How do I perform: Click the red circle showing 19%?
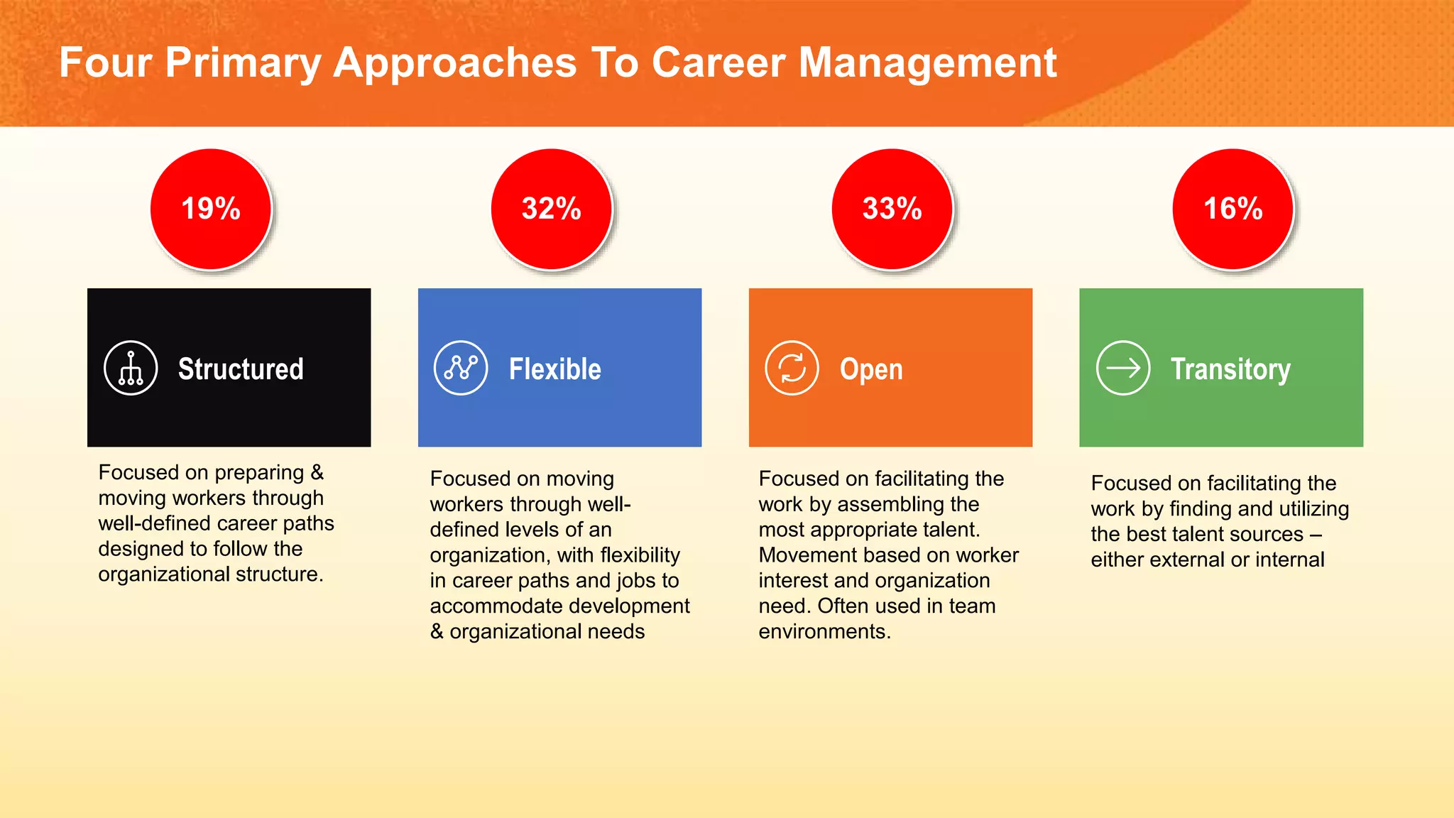pos(211,209)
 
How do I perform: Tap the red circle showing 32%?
pos(552,209)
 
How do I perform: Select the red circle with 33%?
pos(892,209)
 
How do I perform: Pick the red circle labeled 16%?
pos(1233,209)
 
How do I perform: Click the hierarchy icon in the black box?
pos(131,368)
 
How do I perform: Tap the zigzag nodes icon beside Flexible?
pos(461,368)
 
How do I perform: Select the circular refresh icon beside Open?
pos(792,368)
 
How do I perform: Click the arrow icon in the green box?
pos(1122,368)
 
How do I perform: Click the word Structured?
pos(241,369)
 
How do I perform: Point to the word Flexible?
pos(554,369)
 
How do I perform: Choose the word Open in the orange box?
pos(871,369)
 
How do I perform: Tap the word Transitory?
pos(1230,369)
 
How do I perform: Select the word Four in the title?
pos(105,62)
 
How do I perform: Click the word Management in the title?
pos(927,62)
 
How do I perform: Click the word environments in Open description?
pos(824,631)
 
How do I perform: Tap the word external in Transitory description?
pos(1187,560)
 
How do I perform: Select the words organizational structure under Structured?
pos(210,574)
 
